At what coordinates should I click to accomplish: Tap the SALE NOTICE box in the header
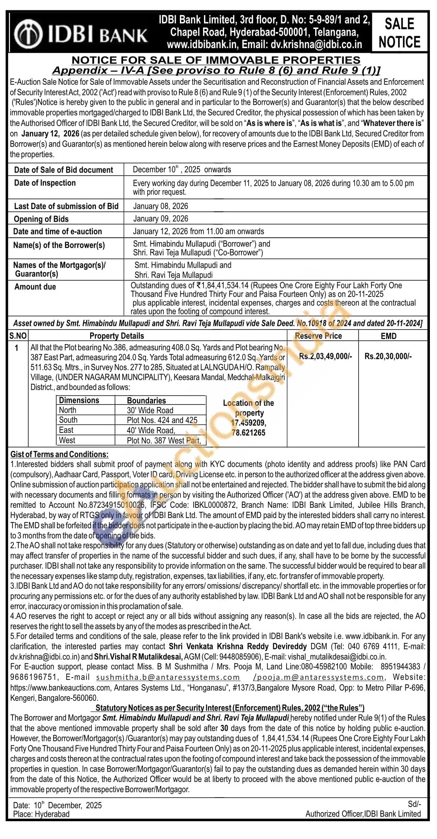tap(399, 33)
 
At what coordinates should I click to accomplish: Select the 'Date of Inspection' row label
tap(45, 183)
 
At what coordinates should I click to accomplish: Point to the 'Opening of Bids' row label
tap(41, 219)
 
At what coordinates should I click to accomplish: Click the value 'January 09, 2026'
tap(161, 218)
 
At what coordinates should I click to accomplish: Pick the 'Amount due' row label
tap(35, 287)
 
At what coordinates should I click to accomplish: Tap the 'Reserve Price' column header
tap(318, 336)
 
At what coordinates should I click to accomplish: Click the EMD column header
tap(388, 336)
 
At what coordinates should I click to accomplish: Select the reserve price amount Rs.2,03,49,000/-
tap(325, 356)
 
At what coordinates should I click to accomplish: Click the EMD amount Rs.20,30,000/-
tap(388, 356)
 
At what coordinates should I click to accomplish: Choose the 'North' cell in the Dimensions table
tap(68, 410)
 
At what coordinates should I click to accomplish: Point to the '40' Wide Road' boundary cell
tap(151, 430)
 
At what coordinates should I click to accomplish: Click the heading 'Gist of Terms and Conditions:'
tap(59, 454)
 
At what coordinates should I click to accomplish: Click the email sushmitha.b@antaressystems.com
tap(168, 677)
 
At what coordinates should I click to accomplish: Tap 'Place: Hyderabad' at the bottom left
tap(42, 814)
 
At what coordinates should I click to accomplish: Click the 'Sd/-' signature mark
tap(414, 804)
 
